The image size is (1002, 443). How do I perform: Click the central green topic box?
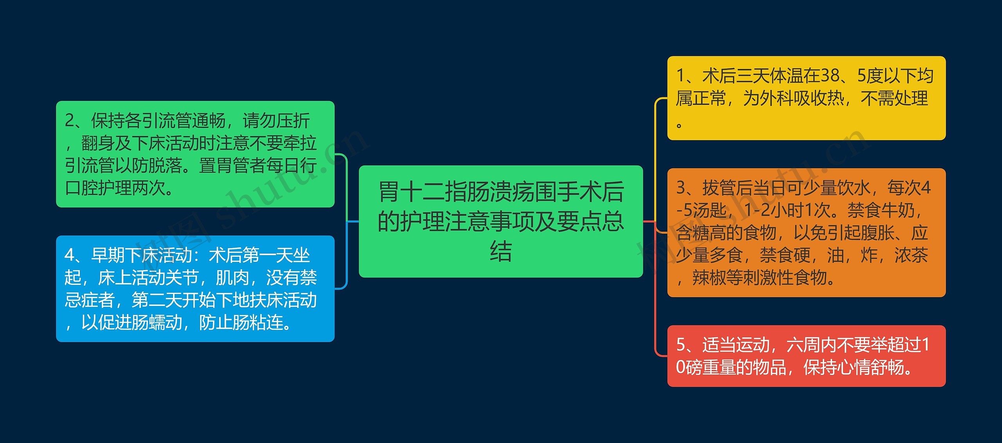[501, 221]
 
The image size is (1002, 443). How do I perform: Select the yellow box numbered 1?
[806, 98]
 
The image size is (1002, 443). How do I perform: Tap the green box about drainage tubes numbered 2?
[195, 154]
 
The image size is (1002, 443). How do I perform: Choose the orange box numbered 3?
[806, 232]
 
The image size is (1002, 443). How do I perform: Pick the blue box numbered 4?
[195, 289]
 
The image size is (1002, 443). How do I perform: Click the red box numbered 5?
[806, 356]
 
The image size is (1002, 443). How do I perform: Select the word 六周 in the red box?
[803, 345]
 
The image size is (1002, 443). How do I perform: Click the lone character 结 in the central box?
[501, 251]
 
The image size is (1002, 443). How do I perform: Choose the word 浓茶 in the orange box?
[912, 256]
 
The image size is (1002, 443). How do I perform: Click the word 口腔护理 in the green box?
[98, 188]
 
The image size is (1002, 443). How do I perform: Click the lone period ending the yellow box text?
[679, 125]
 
